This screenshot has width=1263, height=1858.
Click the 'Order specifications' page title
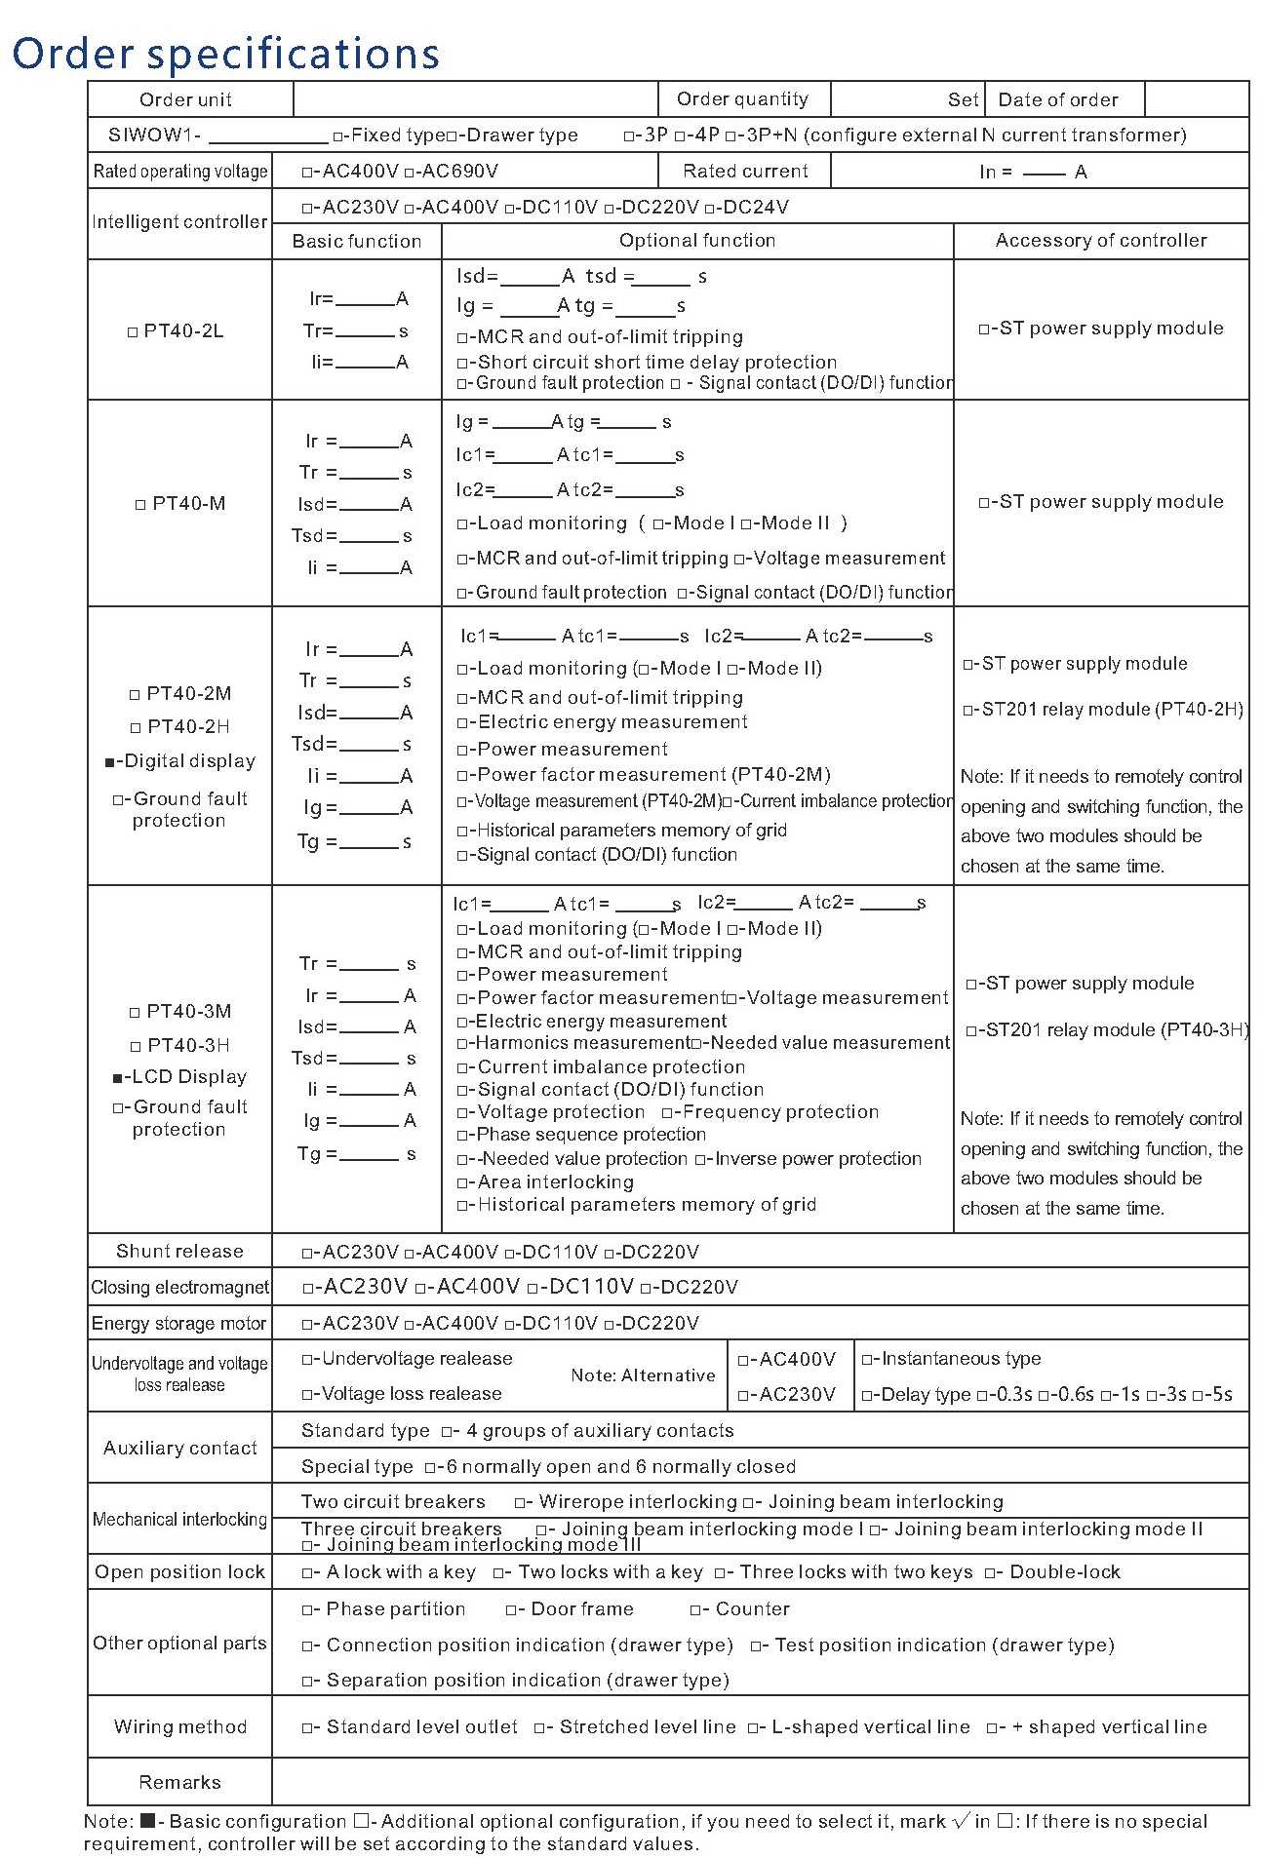225,53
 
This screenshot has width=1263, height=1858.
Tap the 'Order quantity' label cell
742,98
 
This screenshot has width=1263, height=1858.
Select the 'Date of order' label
1058,99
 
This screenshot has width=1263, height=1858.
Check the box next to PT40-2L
134,332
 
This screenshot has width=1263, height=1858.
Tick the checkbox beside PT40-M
140,505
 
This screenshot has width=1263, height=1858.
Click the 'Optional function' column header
697,241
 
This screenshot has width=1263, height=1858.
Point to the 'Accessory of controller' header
1101,241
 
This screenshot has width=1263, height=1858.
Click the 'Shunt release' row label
179,1251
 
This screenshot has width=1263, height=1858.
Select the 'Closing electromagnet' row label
179,1287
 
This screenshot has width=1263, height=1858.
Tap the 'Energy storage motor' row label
179,1323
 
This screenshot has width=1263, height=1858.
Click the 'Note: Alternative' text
643,1375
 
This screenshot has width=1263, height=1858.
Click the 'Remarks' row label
179,1782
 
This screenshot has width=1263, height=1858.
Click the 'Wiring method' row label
179,1726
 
